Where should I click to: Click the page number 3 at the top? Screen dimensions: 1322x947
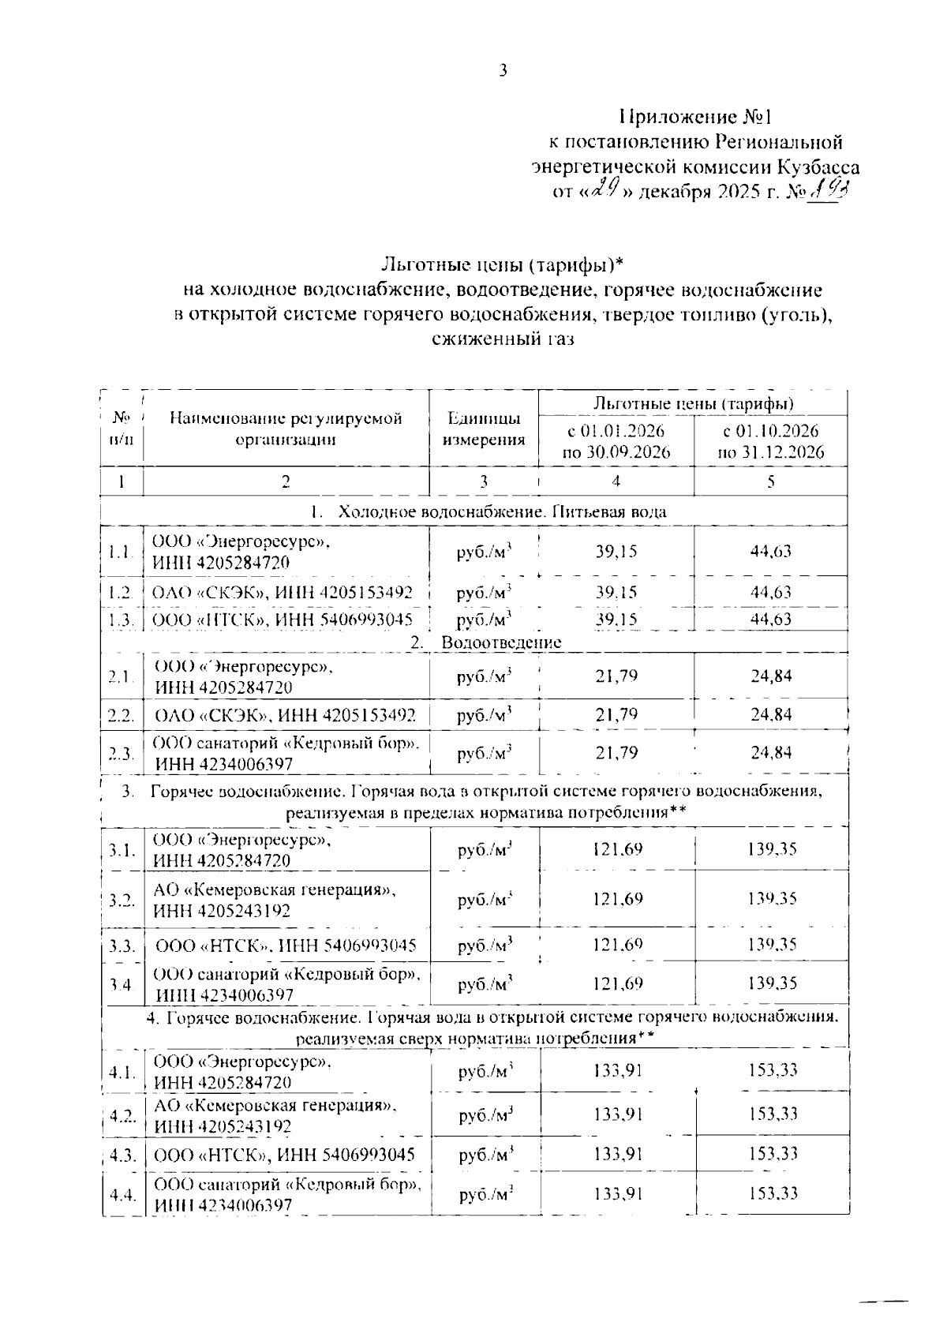[x=503, y=71]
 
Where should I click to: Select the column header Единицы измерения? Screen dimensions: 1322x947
[x=484, y=429]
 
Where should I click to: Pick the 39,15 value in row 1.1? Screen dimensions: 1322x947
[x=616, y=551]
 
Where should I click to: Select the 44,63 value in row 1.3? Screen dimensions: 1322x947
[x=770, y=619]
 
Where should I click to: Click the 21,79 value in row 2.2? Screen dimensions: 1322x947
[x=616, y=715]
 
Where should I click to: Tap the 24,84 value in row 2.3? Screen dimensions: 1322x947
[x=771, y=753]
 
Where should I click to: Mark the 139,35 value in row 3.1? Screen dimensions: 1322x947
[x=772, y=849]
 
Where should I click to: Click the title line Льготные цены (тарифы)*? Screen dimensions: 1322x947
[x=503, y=264]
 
